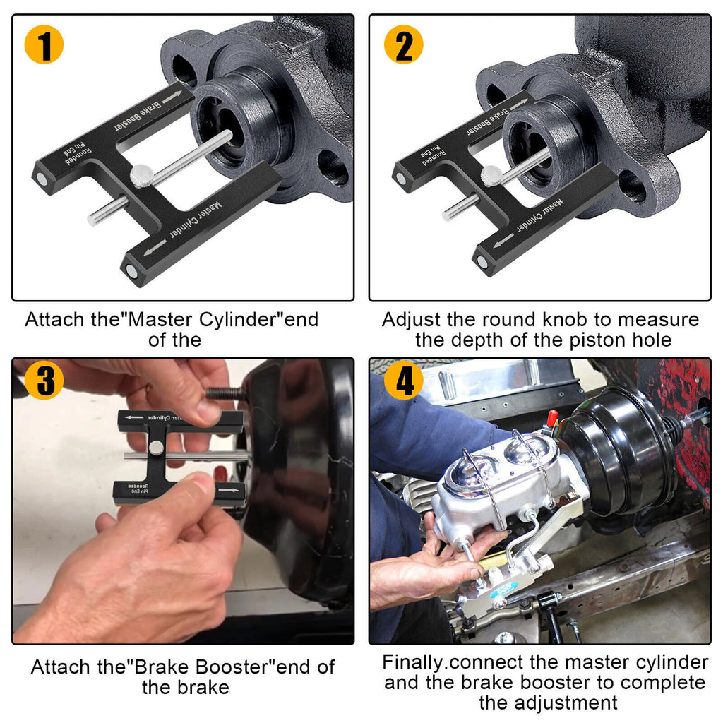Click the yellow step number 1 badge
pyautogui.click(x=44, y=44)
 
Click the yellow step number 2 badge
pyautogui.click(x=403, y=44)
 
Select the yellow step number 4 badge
pyautogui.click(x=403, y=382)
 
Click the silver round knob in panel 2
pyautogui.click(x=491, y=174)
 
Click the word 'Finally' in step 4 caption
pyautogui.click(x=414, y=662)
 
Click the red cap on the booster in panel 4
pyautogui.click(x=552, y=417)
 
